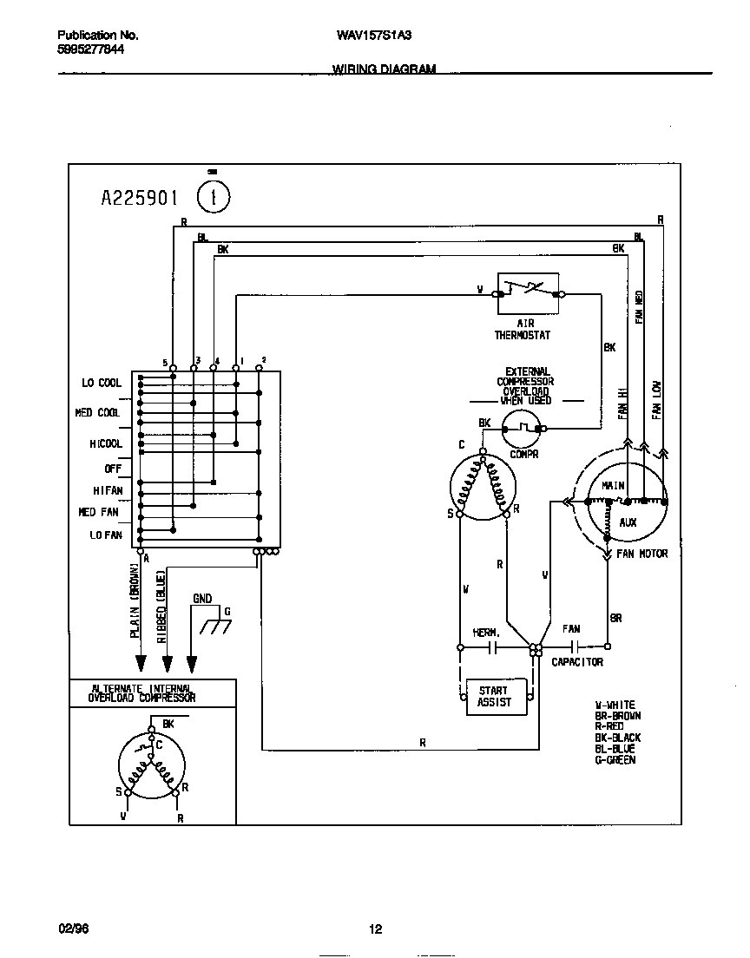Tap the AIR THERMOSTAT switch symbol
(x=527, y=293)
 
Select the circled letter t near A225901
(x=214, y=197)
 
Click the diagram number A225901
(x=139, y=199)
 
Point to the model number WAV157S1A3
(x=374, y=36)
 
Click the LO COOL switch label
(x=102, y=383)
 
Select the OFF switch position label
(x=113, y=469)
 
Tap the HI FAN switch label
(x=108, y=491)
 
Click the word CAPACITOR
(x=577, y=662)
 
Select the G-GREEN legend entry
(x=615, y=760)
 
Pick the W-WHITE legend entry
(x=615, y=705)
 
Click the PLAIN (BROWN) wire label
(x=135, y=600)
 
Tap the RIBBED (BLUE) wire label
(x=161, y=605)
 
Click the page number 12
(x=375, y=929)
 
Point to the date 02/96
(x=73, y=929)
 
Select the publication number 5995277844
(x=90, y=50)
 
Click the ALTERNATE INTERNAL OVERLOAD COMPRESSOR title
(x=144, y=692)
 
